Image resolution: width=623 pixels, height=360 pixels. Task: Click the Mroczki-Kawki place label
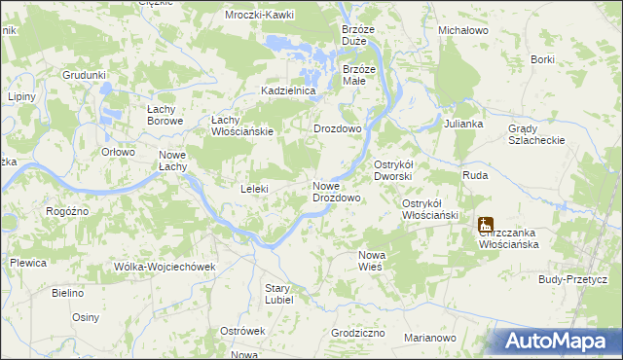(x=260, y=16)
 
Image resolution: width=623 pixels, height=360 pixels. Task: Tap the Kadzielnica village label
(x=289, y=90)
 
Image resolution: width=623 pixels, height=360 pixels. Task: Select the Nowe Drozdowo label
(x=337, y=192)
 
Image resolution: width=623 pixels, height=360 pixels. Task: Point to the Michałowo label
(x=463, y=31)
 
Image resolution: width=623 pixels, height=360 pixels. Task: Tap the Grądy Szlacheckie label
(x=536, y=134)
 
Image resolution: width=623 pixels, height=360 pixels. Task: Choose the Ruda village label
(x=475, y=176)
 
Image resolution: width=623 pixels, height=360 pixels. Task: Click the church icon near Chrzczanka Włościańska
(x=486, y=226)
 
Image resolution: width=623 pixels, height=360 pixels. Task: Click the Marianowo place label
(x=429, y=338)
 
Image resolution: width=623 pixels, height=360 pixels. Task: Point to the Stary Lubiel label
(x=278, y=293)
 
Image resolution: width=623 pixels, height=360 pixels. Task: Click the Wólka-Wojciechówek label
(x=164, y=267)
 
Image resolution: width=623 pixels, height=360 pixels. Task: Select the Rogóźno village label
(x=68, y=211)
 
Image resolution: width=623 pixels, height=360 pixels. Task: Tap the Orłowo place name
(x=118, y=151)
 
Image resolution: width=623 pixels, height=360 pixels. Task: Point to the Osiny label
(x=86, y=317)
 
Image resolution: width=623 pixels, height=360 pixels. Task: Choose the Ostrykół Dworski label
(x=394, y=170)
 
